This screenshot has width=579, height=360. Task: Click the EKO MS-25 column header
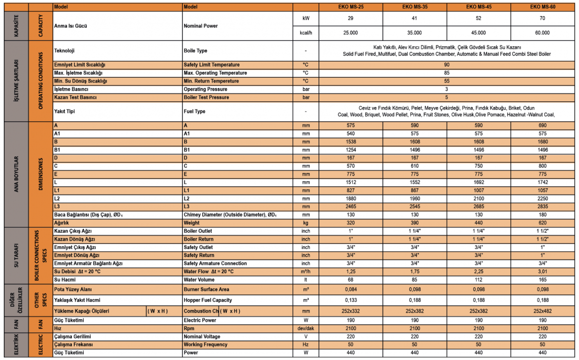(350, 7)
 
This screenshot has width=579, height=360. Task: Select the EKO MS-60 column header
(542, 7)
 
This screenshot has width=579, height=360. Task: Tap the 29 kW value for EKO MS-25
(350, 18)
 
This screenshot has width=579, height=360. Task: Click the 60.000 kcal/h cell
(542, 33)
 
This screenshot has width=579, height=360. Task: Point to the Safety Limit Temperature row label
(211, 65)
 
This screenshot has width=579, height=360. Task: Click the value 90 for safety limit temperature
(447, 65)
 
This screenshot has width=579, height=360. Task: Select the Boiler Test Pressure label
(206, 97)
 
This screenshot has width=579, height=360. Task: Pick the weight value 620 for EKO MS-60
(542, 223)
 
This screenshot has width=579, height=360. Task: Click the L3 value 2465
(350, 207)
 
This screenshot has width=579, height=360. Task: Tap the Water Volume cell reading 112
(479, 280)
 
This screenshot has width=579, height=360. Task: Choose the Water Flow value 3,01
(542, 272)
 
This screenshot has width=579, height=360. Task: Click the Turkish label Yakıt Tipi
(64, 111)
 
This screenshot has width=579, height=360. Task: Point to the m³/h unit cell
(305, 272)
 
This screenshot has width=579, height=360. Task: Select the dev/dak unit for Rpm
(305, 328)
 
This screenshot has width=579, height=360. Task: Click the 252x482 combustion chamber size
(542, 311)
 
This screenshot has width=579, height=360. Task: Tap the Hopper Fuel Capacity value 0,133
(350, 300)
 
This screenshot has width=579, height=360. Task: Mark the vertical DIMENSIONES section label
(41, 174)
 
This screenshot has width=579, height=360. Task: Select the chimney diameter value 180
(542, 215)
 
